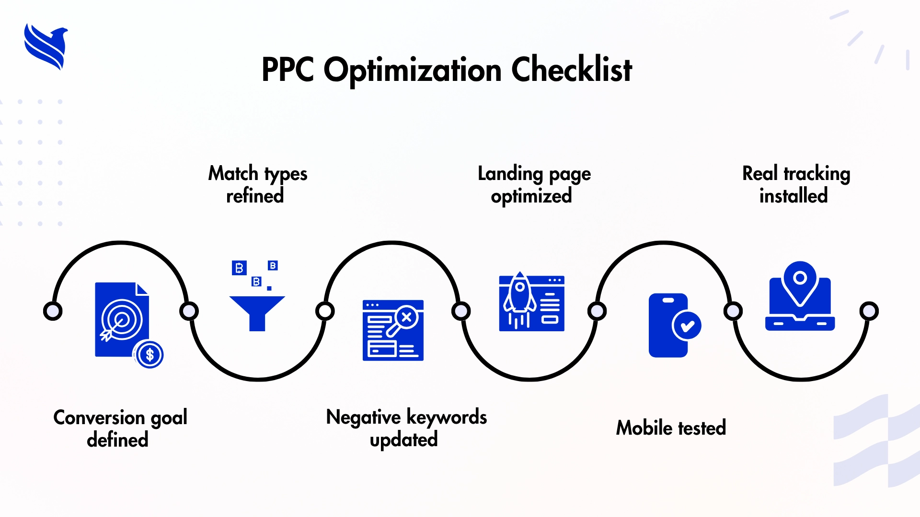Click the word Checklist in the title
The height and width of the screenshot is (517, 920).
pyautogui.click(x=572, y=70)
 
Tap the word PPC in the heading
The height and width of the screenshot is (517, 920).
pyautogui.click(x=287, y=70)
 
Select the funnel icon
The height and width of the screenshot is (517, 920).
pyautogui.click(x=257, y=312)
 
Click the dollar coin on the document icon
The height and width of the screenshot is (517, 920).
pyautogui.click(x=149, y=355)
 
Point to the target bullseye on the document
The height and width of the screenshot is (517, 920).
pyautogui.click(x=122, y=320)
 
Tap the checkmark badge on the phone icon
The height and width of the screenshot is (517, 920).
pyautogui.click(x=687, y=326)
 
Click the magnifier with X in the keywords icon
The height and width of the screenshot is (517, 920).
pyautogui.click(x=405, y=318)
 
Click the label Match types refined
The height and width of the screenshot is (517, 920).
pyautogui.click(x=257, y=184)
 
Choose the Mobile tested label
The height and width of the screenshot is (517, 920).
pyautogui.click(x=671, y=427)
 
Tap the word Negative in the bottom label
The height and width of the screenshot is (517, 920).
pyautogui.click(x=363, y=417)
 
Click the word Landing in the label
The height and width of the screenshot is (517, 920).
pyautogui.click(x=510, y=173)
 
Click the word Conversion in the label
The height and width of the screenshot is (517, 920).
pyautogui.click(x=99, y=417)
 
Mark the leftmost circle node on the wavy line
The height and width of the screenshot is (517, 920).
pyautogui.click(x=53, y=311)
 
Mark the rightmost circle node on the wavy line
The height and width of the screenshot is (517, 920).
pyautogui.click(x=869, y=311)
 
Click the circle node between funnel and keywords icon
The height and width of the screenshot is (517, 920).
pyautogui.click(x=325, y=311)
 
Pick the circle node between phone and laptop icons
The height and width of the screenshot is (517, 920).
pyautogui.click(x=733, y=311)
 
